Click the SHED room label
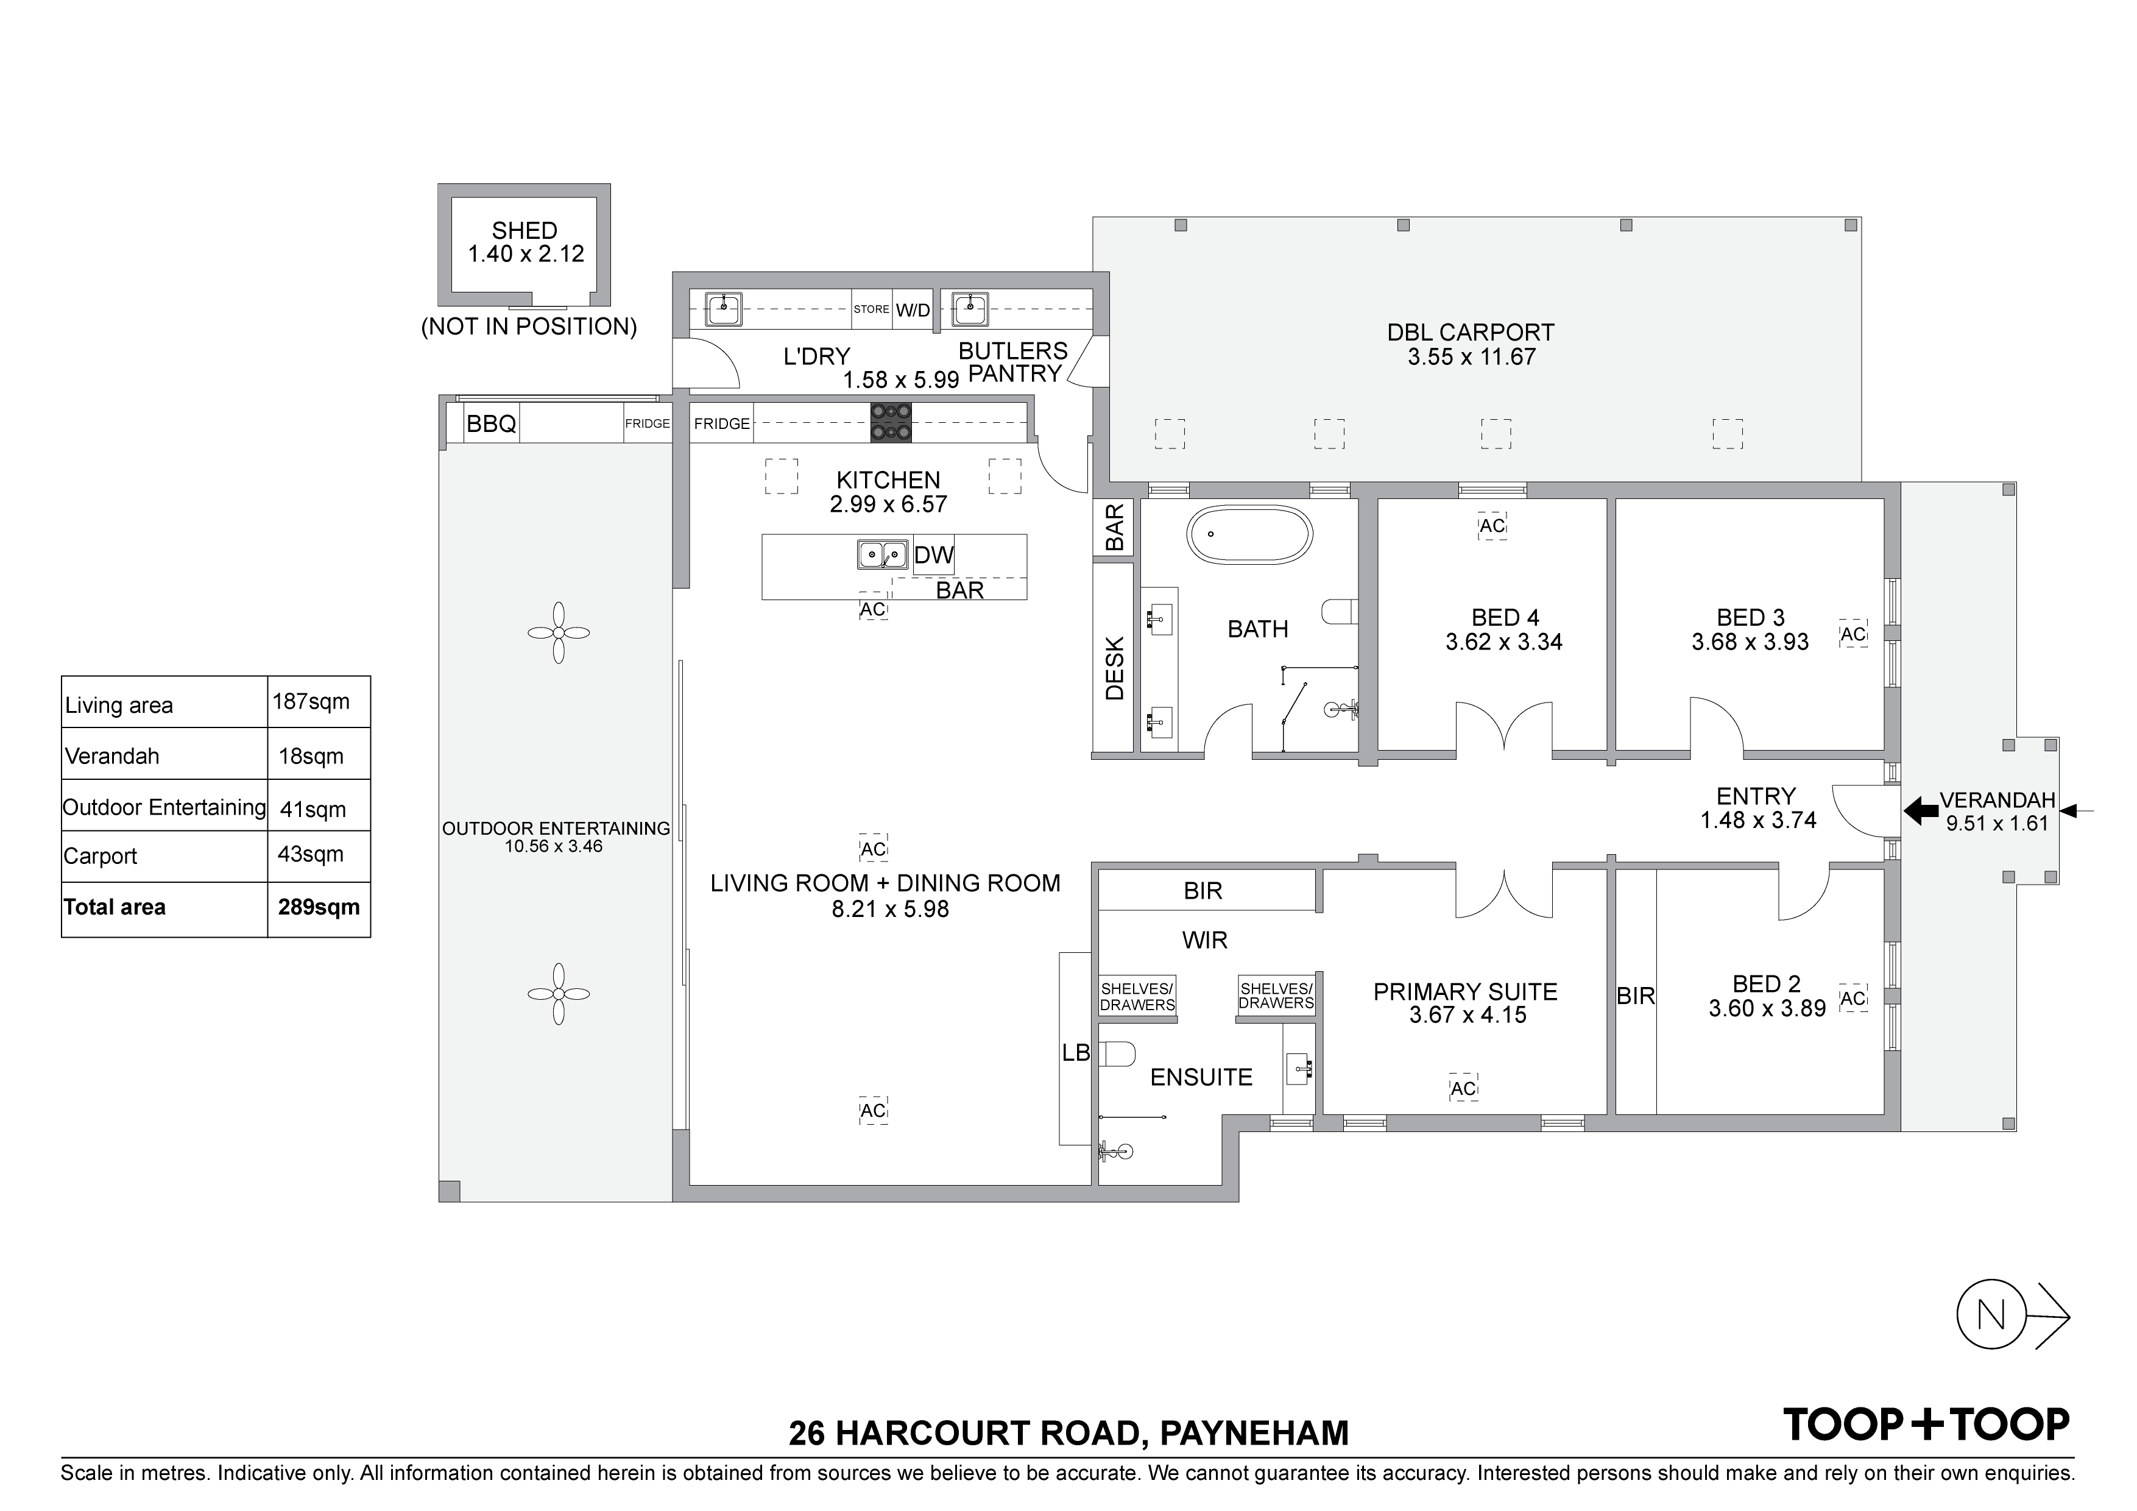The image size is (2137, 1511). tap(525, 231)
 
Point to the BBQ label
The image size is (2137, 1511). tap(492, 425)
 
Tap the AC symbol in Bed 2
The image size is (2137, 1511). tap(1853, 999)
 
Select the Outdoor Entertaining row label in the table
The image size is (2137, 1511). tap(164, 807)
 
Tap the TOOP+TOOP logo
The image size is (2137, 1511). tap(1927, 1425)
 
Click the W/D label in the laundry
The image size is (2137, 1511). tap(913, 310)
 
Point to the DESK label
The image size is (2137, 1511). tap(1114, 668)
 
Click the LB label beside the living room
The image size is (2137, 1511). tap(1076, 1053)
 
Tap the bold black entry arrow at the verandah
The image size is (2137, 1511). tap(1921, 811)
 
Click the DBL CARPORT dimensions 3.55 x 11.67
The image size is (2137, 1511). tap(1472, 358)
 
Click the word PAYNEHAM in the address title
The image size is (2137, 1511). tap(1255, 1433)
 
